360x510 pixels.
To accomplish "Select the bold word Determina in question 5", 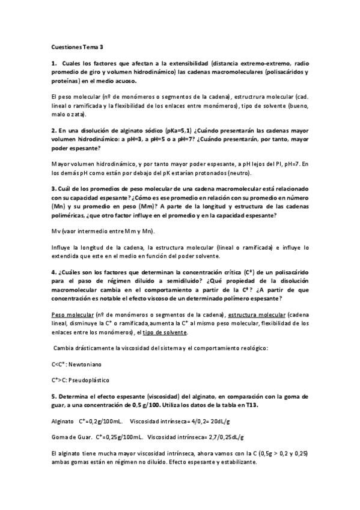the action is click(76, 397).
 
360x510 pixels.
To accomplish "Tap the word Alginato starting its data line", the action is click(63, 422).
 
